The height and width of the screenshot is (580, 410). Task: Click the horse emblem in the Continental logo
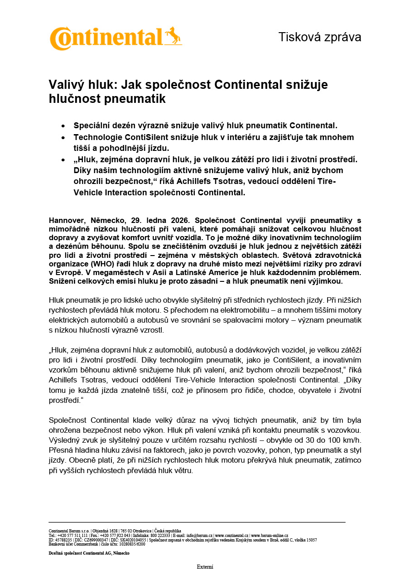click(173, 36)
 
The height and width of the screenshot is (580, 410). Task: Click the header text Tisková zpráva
click(319, 37)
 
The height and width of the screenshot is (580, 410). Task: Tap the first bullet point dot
click(63, 126)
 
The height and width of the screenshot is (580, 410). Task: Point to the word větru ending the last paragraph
click(183, 470)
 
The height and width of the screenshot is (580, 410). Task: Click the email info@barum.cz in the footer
click(199, 536)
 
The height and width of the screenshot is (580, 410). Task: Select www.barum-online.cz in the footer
click(269, 536)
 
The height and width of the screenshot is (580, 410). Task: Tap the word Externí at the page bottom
click(205, 567)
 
